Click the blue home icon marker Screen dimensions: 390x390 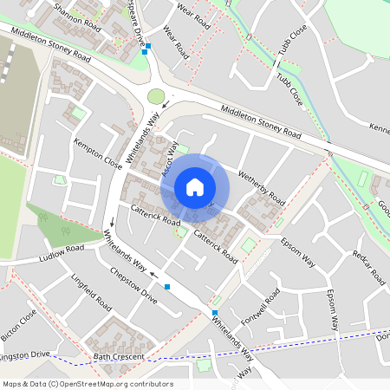(195, 187)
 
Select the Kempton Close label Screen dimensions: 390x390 (98, 151)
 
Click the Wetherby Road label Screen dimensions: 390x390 (262, 186)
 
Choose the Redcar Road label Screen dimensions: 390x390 (368, 266)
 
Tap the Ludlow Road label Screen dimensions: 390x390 (61, 253)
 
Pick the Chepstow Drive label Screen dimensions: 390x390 (134, 284)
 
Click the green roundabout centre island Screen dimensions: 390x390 (156, 95)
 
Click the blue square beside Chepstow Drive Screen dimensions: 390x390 (167, 286)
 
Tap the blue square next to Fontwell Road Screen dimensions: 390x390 (214, 312)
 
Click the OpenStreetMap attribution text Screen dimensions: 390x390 (88, 384)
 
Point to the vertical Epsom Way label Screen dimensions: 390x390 (332, 309)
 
